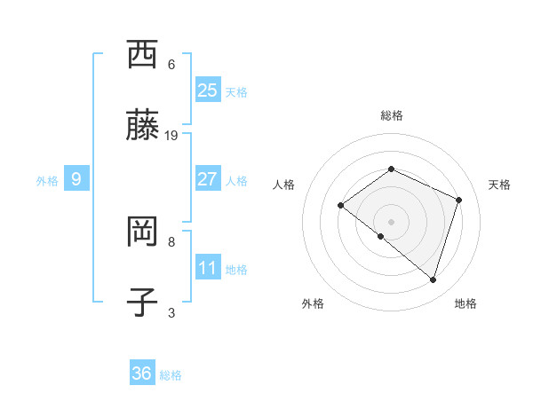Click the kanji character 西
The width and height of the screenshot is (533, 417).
tap(142, 55)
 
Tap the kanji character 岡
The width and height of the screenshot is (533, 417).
tap(142, 232)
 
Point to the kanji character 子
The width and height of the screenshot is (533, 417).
tap(142, 303)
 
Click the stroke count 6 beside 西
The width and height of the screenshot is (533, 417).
tap(171, 65)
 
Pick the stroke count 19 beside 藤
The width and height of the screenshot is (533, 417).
tap(171, 136)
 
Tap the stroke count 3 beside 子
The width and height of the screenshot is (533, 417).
tap(171, 312)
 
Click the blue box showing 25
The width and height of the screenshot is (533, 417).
tap(208, 90)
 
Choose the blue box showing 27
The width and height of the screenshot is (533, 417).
tap(208, 179)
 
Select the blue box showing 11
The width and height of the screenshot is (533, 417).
tap(208, 268)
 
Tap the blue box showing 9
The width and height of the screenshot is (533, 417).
tap(76, 179)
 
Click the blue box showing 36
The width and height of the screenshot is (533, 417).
tap(142, 374)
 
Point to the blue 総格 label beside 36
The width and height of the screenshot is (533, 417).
tap(171, 375)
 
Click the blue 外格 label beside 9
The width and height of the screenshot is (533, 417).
tap(47, 181)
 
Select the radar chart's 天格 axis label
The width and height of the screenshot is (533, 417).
tap(499, 185)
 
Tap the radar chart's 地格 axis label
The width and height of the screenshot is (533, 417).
tap(465, 303)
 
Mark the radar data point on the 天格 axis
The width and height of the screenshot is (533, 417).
tap(459, 200)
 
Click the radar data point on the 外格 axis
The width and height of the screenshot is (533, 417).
tap(381, 236)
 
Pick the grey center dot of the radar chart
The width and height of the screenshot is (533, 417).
tap(391, 221)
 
